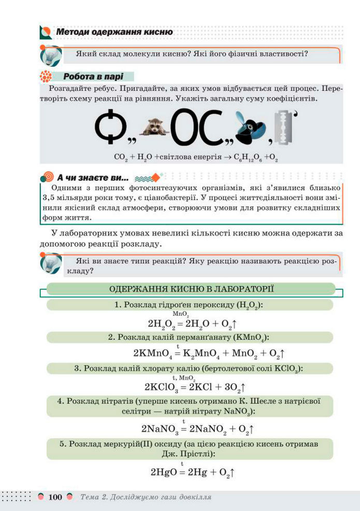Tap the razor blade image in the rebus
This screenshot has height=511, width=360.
(283, 126)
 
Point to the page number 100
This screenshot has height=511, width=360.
(55, 497)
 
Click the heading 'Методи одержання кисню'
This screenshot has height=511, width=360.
(114, 32)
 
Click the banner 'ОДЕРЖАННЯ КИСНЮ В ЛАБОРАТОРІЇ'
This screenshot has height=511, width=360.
(191, 289)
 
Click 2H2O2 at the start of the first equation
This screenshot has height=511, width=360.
(162, 324)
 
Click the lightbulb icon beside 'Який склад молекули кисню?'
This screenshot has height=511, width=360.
(51, 54)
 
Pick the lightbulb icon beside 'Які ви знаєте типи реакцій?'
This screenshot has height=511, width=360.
(51, 262)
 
